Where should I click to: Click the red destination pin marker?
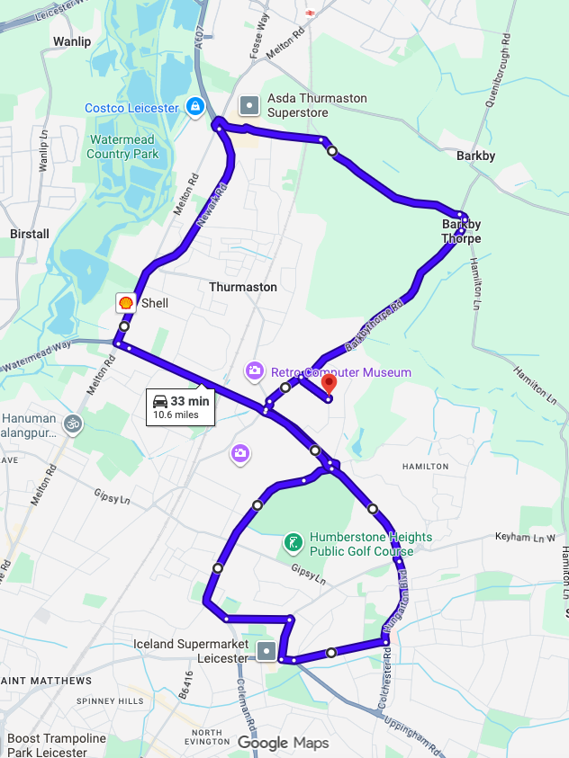tap(329, 383)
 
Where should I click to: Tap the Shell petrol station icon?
tap(126, 303)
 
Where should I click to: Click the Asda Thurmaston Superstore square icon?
tap(248, 106)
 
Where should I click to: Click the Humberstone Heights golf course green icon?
tap(293, 543)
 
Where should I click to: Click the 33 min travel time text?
tap(190, 401)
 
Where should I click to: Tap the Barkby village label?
tap(475, 156)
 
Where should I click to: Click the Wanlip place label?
tap(72, 41)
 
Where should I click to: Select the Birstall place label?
tap(29, 234)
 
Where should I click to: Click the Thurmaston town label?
tap(243, 287)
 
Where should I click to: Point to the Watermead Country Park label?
tap(122, 147)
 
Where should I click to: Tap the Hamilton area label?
tap(425, 467)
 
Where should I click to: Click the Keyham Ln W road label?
tap(526, 537)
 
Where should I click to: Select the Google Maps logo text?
tap(283, 743)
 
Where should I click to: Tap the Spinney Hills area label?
tap(111, 700)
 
